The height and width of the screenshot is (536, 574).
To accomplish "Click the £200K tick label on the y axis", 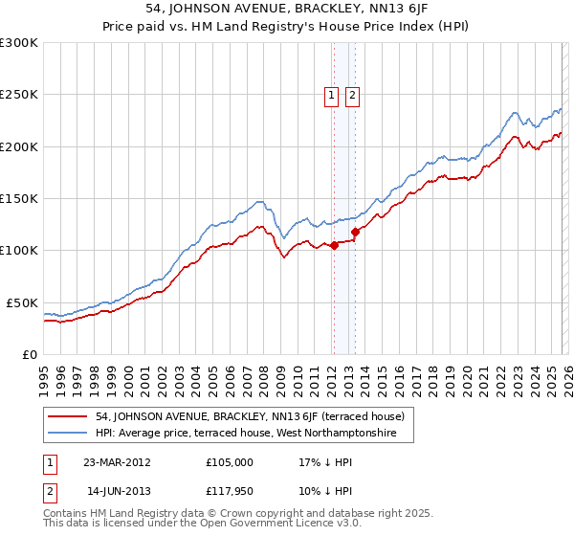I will pos(19,146).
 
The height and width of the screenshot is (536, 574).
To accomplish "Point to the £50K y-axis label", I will pos(22,302).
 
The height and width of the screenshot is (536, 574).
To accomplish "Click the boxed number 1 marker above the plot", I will pos(331,95).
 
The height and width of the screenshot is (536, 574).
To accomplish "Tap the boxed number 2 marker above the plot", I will pos(352,95).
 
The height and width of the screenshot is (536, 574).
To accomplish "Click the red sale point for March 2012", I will pos(334,246).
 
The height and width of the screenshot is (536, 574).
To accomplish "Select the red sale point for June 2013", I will pos(355,232).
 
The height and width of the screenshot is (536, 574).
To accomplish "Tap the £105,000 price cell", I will pos(230,461).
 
